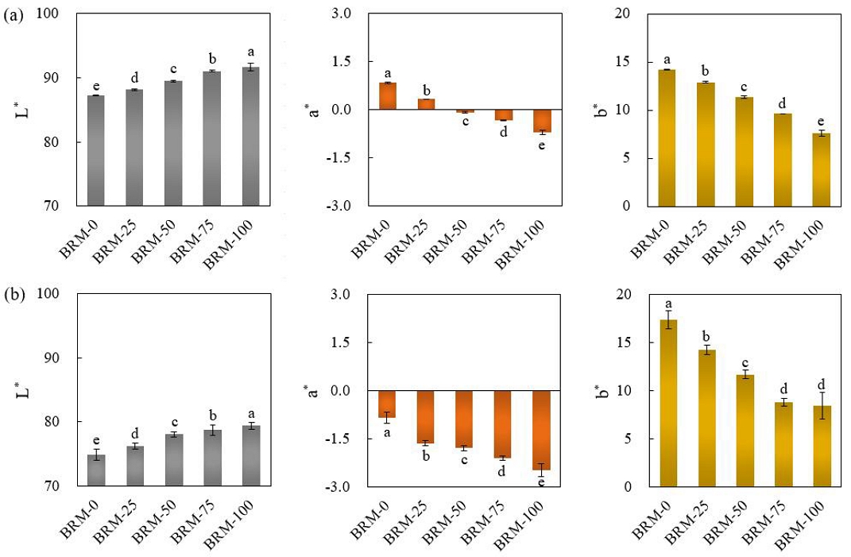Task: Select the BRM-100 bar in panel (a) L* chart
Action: pos(250,137)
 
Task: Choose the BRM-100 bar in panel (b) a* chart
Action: pos(542,430)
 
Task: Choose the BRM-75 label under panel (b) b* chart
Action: pos(771,521)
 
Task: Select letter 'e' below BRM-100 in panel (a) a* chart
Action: pos(542,145)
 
